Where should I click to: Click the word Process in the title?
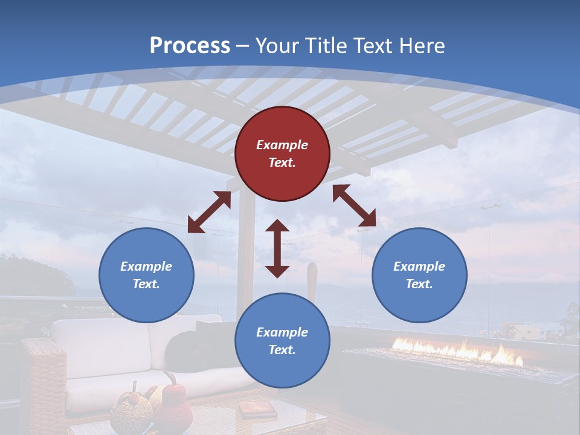click(190, 46)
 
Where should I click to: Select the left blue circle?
click(146, 275)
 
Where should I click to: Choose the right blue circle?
click(419, 275)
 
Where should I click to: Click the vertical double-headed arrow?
click(277, 248)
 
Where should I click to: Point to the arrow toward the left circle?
click(209, 212)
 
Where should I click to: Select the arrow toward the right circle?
click(354, 205)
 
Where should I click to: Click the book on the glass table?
click(249, 410)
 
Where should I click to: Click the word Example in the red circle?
click(282, 145)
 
